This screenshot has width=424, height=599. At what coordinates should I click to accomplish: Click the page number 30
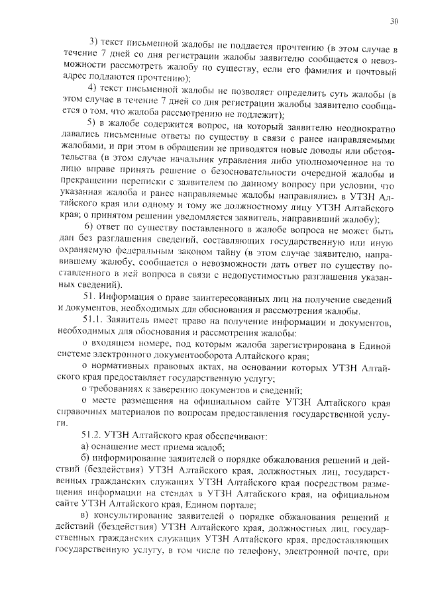pos(395,22)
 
